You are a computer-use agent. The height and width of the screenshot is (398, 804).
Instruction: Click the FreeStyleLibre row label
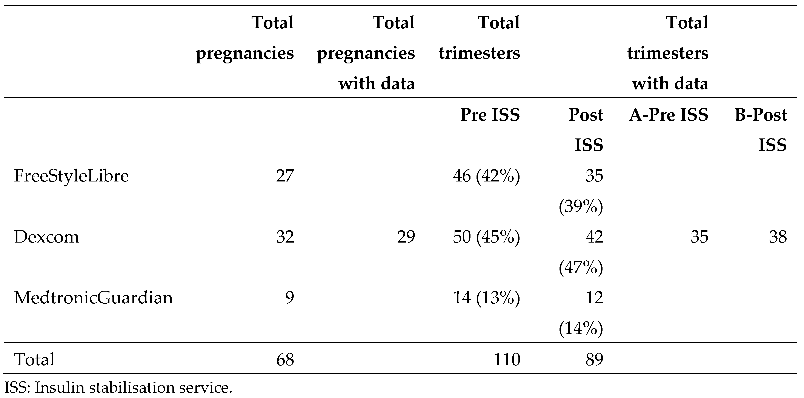pyautogui.click(x=71, y=176)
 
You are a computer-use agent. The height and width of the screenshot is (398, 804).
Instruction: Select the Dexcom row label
pyautogui.click(x=46, y=237)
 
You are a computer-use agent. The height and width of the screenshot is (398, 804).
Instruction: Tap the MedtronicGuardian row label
pyautogui.click(x=93, y=298)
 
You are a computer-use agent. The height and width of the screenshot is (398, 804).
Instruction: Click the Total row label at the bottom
pyautogui.click(x=34, y=359)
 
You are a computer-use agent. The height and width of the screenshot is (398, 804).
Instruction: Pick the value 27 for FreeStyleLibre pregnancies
pyautogui.click(x=285, y=176)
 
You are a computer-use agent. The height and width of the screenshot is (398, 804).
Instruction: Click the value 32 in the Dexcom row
pyautogui.click(x=285, y=237)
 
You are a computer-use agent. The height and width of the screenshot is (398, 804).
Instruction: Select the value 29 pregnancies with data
pyautogui.click(x=406, y=237)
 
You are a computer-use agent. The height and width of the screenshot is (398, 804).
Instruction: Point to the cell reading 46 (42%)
pyautogui.click(x=486, y=176)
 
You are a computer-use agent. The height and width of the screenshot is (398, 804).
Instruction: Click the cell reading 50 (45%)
pyautogui.click(x=486, y=237)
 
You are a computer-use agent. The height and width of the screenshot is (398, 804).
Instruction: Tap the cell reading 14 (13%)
pyautogui.click(x=486, y=298)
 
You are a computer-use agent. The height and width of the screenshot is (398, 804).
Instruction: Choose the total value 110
pyautogui.click(x=507, y=359)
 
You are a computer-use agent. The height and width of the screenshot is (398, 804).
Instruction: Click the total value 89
pyautogui.click(x=594, y=359)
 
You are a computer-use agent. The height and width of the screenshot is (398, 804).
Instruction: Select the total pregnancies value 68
pyautogui.click(x=285, y=359)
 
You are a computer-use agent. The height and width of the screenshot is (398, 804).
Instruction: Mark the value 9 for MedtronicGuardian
pyautogui.click(x=289, y=298)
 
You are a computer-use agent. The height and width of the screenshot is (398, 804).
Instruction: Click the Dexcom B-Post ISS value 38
pyautogui.click(x=778, y=237)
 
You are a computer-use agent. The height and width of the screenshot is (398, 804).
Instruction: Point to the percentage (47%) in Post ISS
pyautogui.click(x=581, y=267)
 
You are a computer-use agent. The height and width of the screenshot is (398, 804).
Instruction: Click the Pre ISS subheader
pyautogui.click(x=490, y=115)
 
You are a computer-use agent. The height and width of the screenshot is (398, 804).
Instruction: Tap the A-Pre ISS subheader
pyautogui.click(x=668, y=115)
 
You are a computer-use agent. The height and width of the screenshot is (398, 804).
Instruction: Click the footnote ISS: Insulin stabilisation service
pyautogui.click(x=119, y=387)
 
